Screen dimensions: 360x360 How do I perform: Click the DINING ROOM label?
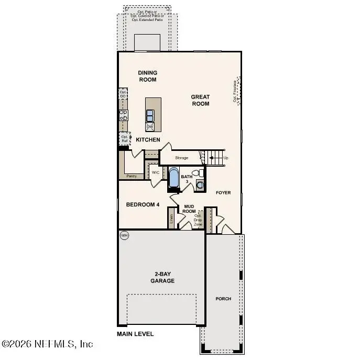point(148,76)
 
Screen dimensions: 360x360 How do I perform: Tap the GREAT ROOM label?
point(200,100)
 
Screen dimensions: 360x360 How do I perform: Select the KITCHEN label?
point(148,140)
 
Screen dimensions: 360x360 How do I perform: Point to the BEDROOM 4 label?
point(143,204)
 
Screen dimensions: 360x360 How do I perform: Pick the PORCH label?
point(223,299)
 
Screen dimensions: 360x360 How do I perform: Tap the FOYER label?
point(223,193)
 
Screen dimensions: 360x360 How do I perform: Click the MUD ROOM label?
point(189,209)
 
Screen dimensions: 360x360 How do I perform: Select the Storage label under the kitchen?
point(181,158)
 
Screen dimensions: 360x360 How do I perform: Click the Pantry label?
point(132,176)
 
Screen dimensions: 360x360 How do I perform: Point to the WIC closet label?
point(156,172)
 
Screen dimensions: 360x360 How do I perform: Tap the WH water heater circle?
point(124,236)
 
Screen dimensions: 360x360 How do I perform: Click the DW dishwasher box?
point(150,127)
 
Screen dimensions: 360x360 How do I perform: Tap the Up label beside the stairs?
point(226,158)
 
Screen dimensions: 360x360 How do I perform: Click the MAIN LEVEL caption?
point(135,334)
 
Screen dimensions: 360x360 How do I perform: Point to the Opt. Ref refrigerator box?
point(125,139)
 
